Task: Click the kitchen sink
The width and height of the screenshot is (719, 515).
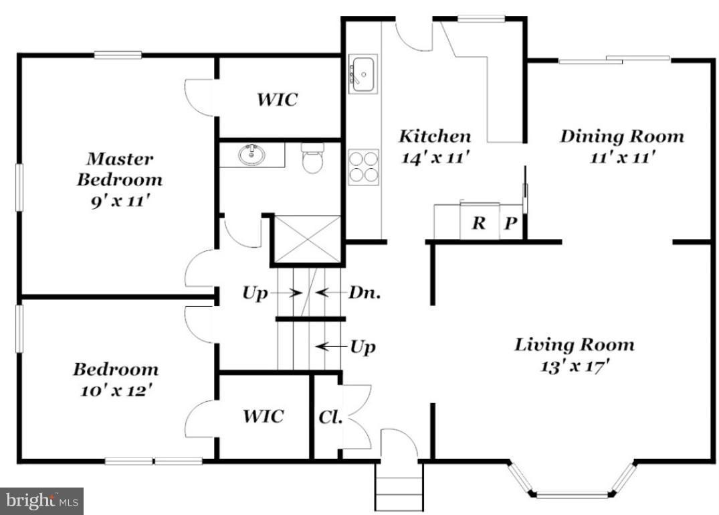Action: pyautogui.click(x=363, y=73)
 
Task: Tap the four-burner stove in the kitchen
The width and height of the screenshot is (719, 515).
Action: pyautogui.click(x=363, y=166)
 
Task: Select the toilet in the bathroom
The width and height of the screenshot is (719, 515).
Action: pyautogui.click(x=312, y=159)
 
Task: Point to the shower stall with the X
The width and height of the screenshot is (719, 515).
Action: pyautogui.click(x=308, y=238)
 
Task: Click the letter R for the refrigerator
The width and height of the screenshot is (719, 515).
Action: pyautogui.click(x=478, y=223)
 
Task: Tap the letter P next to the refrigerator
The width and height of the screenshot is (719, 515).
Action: pyautogui.click(x=510, y=223)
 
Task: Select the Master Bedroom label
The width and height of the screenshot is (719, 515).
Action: pyautogui.click(x=119, y=169)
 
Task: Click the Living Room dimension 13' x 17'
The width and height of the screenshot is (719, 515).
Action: pyautogui.click(x=574, y=366)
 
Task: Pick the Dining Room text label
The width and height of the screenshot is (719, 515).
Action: pyautogui.click(x=621, y=137)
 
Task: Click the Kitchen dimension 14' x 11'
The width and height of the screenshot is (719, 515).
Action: pyautogui.click(x=434, y=158)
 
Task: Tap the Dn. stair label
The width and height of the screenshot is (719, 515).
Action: pyautogui.click(x=365, y=293)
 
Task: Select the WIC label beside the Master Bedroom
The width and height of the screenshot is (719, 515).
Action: pyautogui.click(x=277, y=100)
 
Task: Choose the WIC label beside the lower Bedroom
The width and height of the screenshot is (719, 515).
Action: pyautogui.click(x=263, y=416)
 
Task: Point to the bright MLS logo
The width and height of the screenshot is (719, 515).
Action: pyautogui.click(x=42, y=500)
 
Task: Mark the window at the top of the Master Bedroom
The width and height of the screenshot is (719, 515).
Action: pyautogui.click(x=117, y=55)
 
